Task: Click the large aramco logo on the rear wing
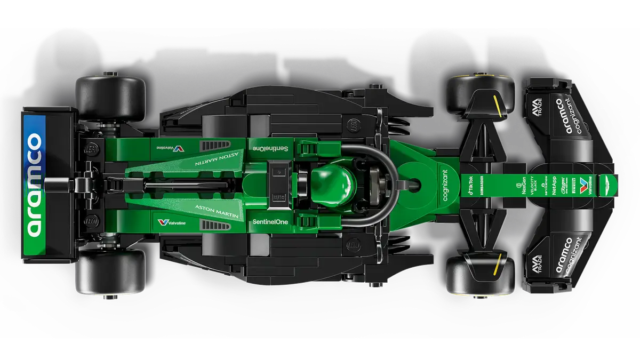34,184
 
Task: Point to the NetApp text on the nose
554,185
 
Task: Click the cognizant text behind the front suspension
445,185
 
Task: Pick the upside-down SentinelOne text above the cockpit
270,148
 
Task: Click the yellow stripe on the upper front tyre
497,106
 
